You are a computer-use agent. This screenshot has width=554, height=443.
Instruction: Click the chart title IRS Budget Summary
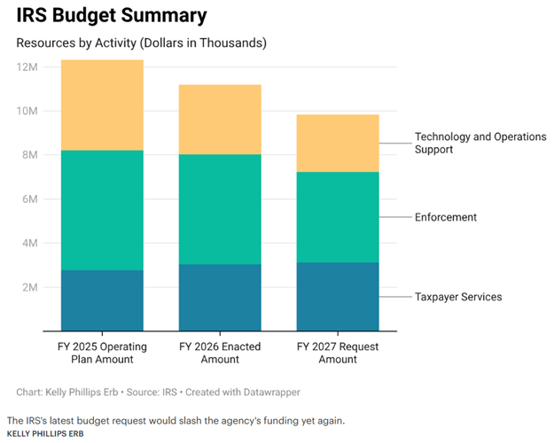coord(112,15)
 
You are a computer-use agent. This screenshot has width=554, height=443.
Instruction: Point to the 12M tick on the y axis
coord(26,67)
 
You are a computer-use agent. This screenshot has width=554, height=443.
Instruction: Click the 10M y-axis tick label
coord(26,112)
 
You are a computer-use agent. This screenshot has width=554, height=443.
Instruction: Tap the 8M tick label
coord(28,155)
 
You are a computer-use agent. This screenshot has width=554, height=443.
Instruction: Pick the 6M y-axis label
coord(28,199)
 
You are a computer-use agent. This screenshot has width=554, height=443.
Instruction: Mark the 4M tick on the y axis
coord(28,244)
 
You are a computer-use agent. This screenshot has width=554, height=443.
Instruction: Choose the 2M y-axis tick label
coord(28,288)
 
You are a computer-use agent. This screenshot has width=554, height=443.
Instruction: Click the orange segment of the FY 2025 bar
coord(102,105)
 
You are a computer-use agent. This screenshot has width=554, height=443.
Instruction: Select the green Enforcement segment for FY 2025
coord(102,210)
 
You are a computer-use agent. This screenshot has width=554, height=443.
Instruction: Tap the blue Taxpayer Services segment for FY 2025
coord(102,300)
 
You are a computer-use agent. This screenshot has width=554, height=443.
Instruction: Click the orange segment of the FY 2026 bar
coord(220,120)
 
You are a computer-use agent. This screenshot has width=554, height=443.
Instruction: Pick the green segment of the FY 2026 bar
coord(220,209)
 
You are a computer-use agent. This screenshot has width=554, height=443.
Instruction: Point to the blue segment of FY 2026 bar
coord(220,297)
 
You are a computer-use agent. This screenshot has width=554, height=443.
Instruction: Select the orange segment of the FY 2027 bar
coord(337,143)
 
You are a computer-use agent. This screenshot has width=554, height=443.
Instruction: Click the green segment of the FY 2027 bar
coord(337,217)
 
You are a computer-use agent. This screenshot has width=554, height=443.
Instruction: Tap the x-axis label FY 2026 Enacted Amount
coord(220,353)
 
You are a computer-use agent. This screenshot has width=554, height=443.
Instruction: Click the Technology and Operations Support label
coord(480,144)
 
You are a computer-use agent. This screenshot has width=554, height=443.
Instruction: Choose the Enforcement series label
coord(446,217)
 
